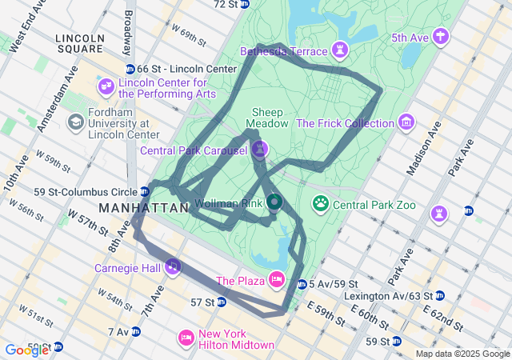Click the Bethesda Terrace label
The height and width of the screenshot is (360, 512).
click(x=284, y=51)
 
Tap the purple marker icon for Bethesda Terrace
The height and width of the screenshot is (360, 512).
click(x=342, y=50)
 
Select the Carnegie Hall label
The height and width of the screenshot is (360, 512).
click(x=128, y=268)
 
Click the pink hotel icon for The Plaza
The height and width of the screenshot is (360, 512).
click(x=276, y=279)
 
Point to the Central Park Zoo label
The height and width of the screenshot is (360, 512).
click(x=374, y=205)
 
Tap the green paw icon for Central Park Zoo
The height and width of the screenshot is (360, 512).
click(x=321, y=204)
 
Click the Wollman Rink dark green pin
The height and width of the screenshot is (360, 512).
click(x=274, y=203)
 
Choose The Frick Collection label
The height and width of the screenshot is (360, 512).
click(x=345, y=123)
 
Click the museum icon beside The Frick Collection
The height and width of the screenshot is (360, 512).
click(x=407, y=123)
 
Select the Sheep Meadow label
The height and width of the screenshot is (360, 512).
click(x=267, y=118)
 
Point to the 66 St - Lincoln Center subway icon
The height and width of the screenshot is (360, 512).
click(x=130, y=70)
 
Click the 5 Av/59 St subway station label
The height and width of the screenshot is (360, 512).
click(x=333, y=284)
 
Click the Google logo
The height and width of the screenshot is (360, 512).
click(x=26, y=350)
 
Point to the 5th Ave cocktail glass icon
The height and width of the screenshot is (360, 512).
click(x=441, y=37)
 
